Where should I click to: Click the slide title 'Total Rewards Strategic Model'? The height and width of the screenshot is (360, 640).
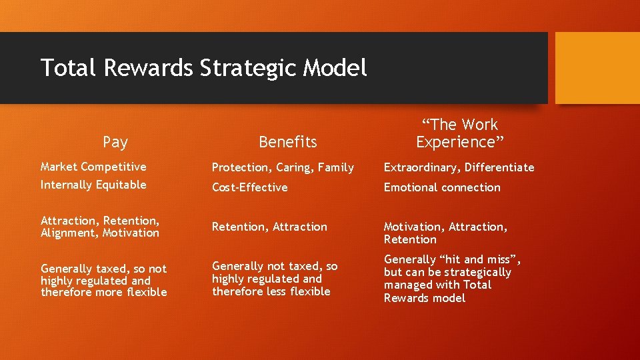pyautogui.click(x=203, y=67)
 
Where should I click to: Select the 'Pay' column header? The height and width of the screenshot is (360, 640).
pyautogui.click(x=115, y=141)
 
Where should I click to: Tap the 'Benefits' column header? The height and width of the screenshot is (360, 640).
pyautogui.click(x=287, y=141)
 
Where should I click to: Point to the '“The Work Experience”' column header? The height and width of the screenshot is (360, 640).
pyautogui.click(x=459, y=133)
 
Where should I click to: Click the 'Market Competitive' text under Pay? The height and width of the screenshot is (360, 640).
pyautogui.click(x=93, y=167)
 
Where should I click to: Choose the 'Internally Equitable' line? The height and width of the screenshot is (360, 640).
pyautogui.click(x=93, y=185)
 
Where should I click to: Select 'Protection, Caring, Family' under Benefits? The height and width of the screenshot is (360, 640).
pyautogui.click(x=283, y=167)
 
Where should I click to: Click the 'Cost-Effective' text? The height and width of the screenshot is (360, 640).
pyautogui.click(x=249, y=187)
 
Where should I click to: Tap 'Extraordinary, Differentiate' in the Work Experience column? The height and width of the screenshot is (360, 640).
pyautogui.click(x=459, y=167)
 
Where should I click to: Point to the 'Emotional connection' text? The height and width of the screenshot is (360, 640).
pyautogui.click(x=441, y=187)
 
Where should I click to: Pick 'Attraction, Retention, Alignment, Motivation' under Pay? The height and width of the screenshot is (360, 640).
pyautogui.click(x=100, y=227)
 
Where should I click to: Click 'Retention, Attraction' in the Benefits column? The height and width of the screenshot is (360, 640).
pyautogui.click(x=269, y=227)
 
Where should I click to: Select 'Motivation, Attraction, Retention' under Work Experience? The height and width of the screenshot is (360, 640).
pyautogui.click(x=445, y=233)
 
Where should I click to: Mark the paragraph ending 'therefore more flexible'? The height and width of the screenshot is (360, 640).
pyautogui.click(x=103, y=281)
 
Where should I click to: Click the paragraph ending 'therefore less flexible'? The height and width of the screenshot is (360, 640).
pyautogui.click(x=275, y=279)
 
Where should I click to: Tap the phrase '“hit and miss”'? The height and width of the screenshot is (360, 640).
pyautogui.click(x=481, y=259)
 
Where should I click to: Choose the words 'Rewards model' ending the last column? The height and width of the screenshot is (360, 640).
pyautogui.click(x=424, y=298)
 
